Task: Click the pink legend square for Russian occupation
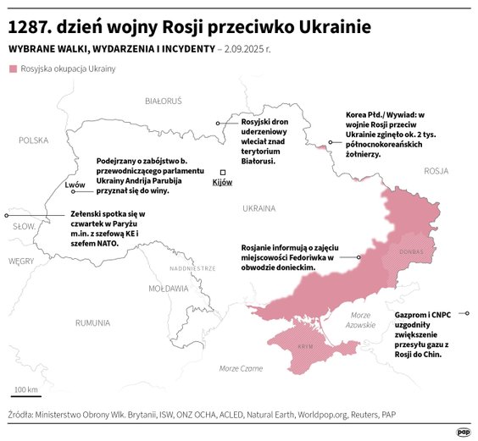coord(13,69)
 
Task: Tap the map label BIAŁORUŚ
coord(164,101)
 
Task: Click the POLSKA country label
coord(34,141)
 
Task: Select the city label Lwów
coord(75,184)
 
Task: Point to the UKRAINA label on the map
coord(258,207)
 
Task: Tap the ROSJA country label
coord(436,170)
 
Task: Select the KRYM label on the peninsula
coord(305,347)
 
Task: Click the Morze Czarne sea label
coord(241,368)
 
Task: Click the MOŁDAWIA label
coord(168,288)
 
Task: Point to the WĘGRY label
coord(20,262)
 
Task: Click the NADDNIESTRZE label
coord(193,267)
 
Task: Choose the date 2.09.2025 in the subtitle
coord(254,49)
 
